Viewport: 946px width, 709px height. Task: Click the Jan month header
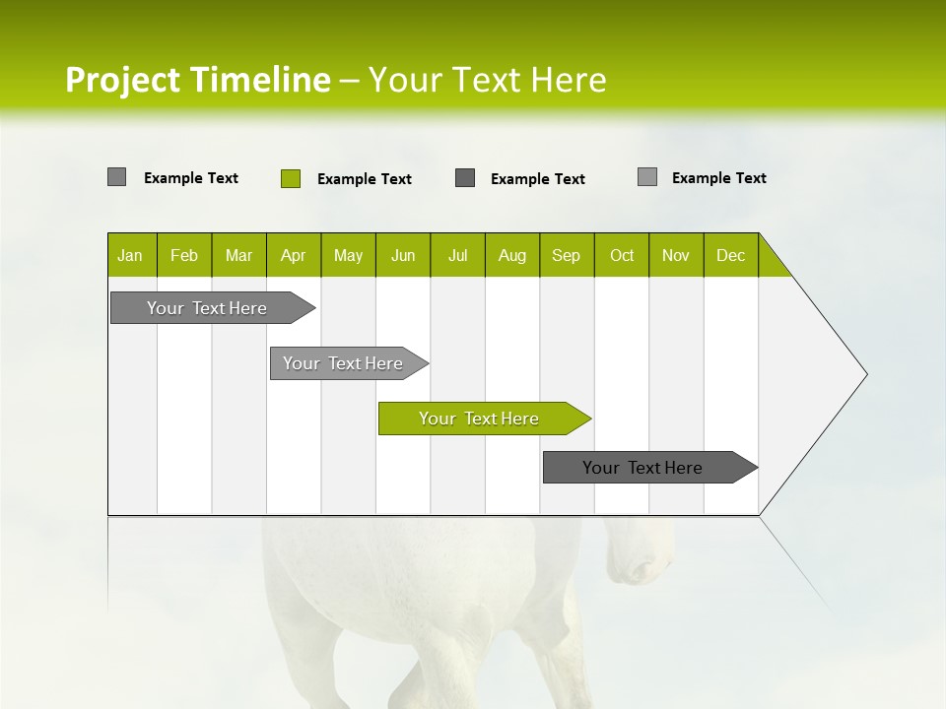click(x=130, y=255)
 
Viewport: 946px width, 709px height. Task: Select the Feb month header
click(x=184, y=255)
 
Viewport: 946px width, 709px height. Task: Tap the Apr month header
click(x=293, y=255)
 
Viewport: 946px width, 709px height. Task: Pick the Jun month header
click(x=403, y=255)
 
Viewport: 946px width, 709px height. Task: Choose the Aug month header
click(x=511, y=255)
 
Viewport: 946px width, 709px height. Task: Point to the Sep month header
click(x=566, y=255)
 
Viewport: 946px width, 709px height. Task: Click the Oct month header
click(x=622, y=255)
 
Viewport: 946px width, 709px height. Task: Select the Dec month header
click(x=730, y=255)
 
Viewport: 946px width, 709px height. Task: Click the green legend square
click(x=291, y=178)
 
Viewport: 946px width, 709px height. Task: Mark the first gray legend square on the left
click(x=116, y=177)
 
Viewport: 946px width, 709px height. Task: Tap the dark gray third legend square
click(x=465, y=178)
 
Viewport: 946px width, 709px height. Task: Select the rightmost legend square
click(x=646, y=177)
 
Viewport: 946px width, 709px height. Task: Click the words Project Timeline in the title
click(x=197, y=80)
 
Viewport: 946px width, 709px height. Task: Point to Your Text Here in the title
click(x=487, y=80)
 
